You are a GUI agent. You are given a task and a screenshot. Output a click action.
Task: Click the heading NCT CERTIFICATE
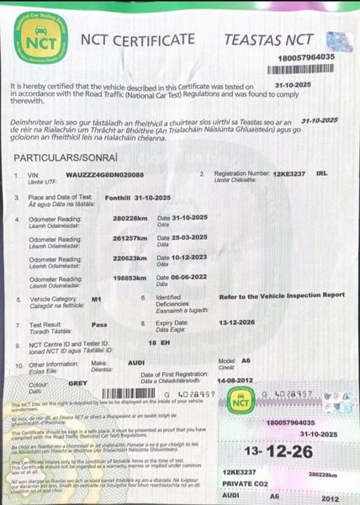[139, 39]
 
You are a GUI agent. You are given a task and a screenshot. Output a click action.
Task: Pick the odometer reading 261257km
[130, 238]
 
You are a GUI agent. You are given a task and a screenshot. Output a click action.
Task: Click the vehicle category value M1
[96, 299]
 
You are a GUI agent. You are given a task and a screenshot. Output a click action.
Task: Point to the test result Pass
[99, 322]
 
